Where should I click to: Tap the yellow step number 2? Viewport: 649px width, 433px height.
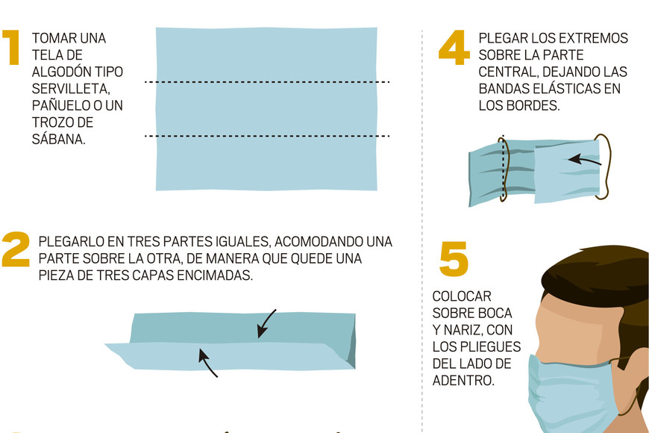tap(16, 249)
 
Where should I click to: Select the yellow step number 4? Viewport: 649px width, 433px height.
tap(454, 47)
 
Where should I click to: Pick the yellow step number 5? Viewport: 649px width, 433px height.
tap(454, 259)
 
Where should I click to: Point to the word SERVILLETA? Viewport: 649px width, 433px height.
tap(71, 89)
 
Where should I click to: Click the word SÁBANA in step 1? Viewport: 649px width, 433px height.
tap(58, 139)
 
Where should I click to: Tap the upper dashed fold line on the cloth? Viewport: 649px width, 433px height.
tap(267, 82)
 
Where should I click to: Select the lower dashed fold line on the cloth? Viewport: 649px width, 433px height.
tap(267, 136)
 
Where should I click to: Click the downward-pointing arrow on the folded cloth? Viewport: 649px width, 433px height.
tap(266, 324)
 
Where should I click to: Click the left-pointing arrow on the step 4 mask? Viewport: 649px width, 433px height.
tap(584, 161)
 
